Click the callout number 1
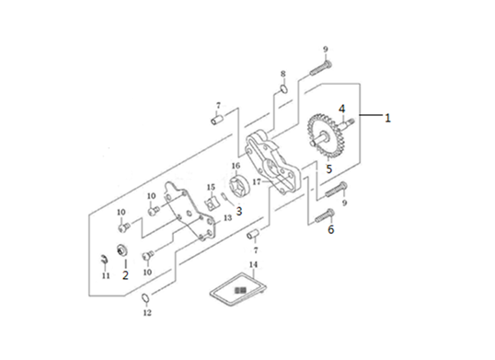387,118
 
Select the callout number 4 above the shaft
342,109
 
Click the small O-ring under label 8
283,88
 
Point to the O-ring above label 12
144,297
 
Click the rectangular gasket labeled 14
238,290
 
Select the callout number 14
254,264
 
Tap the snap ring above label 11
104,260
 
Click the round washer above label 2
121,250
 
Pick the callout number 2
125,275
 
